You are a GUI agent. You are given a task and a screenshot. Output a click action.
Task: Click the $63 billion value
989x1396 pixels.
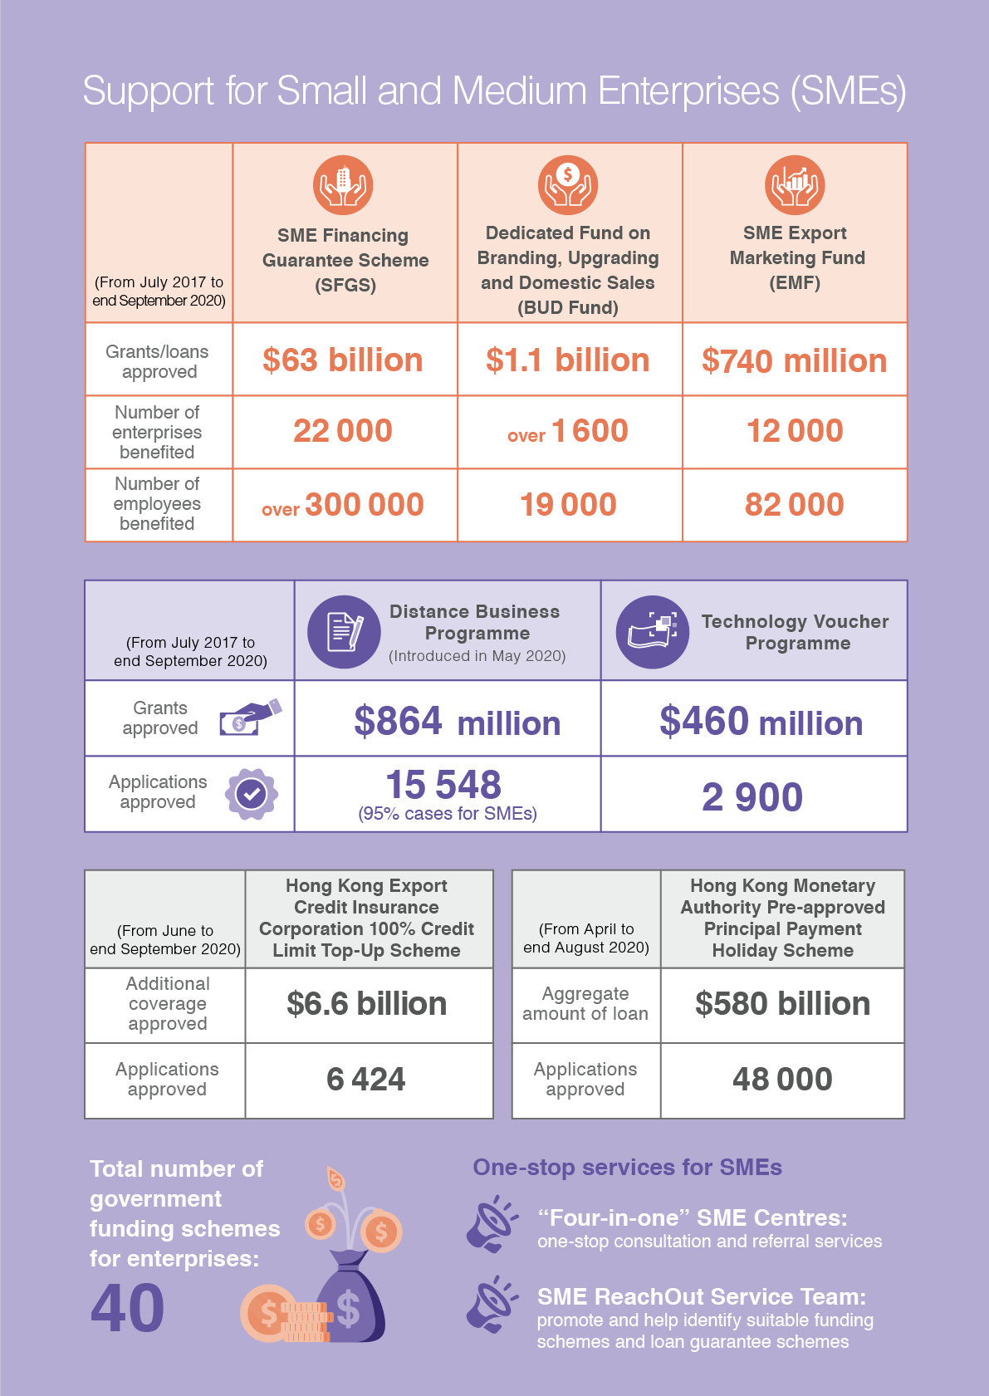tap(343, 360)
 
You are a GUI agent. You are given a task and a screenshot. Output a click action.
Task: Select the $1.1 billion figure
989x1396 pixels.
tap(568, 360)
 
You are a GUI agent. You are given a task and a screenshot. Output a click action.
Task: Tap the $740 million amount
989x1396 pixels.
tap(795, 361)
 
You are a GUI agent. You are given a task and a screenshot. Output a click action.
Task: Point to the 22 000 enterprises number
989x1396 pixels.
tap(343, 431)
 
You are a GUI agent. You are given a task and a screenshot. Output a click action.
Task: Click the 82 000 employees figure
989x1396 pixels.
tap(795, 504)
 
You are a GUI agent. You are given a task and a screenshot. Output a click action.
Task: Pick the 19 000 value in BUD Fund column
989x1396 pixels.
tap(568, 504)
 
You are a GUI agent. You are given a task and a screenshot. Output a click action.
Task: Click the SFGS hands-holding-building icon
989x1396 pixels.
tap(343, 185)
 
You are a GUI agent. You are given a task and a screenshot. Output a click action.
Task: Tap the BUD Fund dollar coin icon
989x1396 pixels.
tap(568, 185)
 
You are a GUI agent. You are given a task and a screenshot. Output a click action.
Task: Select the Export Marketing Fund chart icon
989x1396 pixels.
tap(795, 185)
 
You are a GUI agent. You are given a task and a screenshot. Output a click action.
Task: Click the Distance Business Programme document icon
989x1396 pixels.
tap(344, 632)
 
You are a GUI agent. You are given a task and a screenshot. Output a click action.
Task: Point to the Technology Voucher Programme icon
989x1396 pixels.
tap(653, 632)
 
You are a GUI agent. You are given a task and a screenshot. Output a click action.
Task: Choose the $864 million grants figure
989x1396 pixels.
tap(458, 721)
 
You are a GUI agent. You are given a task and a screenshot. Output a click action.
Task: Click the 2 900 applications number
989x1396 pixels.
tap(752, 797)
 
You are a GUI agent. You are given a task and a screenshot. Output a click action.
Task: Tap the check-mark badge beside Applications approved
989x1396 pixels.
tap(251, 794)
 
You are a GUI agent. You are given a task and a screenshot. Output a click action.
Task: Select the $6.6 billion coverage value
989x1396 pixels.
tap(366, 1004)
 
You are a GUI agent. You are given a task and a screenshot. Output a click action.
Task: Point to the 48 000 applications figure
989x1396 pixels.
tap(782, 1079)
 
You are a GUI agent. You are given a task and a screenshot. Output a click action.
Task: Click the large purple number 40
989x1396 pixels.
tap(128, 1308)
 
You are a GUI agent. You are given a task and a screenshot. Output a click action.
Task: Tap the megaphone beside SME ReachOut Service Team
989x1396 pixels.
tap(492, 1305)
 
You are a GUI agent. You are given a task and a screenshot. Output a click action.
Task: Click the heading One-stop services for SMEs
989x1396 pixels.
tap(627, 1168)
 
